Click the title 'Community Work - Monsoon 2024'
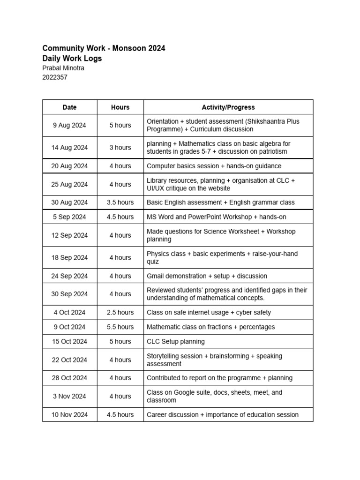tap(104, 48)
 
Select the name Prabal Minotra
tap(63, 68)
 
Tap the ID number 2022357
tap(55, 77)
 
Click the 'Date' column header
tap(69, 107)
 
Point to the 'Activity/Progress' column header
tap(228, 107)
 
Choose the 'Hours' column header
tap(120, 107)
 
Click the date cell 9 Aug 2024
tap(69, 125)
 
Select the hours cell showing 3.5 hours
tap(120, 202)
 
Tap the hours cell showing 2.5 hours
tap(120, 312)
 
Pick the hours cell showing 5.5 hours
tap(120, 327)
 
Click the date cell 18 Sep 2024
tap(69, 257)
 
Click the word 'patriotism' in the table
tap(270, 151)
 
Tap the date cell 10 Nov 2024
tap(69, 414)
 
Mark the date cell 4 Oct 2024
tap(69, 312)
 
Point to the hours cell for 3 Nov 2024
tap(120, 396)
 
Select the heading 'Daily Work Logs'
tap(72, 59)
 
